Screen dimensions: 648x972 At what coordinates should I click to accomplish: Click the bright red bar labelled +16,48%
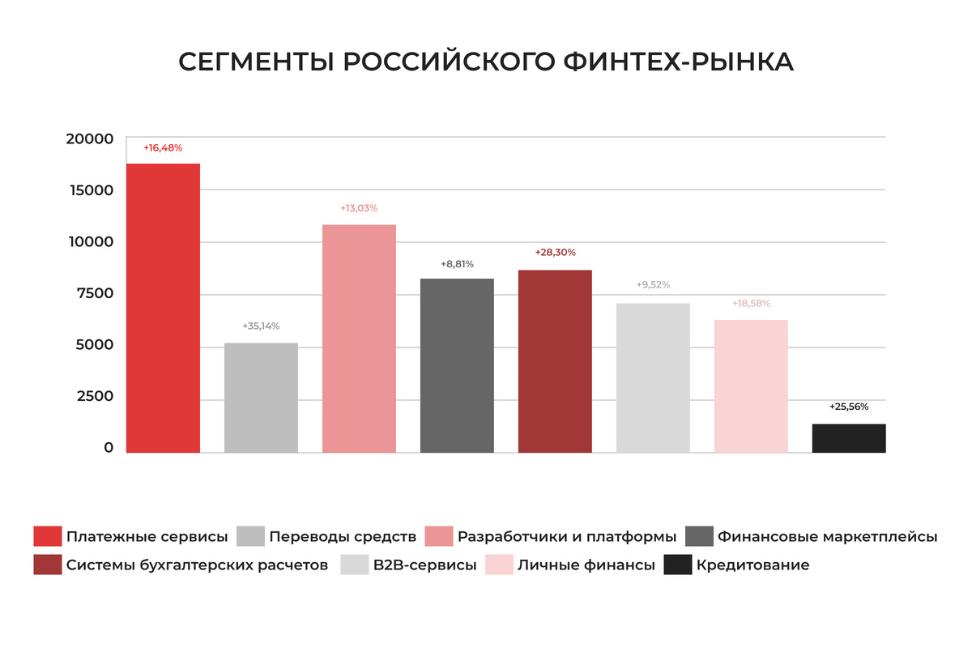(163, 308)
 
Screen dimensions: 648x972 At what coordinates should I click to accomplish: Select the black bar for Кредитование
(848, 438)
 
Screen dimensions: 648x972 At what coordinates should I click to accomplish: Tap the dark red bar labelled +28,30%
(555, 361)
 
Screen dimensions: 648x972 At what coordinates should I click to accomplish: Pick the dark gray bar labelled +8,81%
(457, 365)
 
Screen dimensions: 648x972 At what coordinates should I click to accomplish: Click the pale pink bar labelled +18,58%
(751, 386)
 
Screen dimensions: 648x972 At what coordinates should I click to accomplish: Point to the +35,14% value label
(261, 326)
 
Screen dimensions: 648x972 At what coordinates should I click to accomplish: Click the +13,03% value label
(359, 208)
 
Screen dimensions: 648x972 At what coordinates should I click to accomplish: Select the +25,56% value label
(849, 407)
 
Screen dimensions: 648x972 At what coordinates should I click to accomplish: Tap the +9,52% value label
(653, 285)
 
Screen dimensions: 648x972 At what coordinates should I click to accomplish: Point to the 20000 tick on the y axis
(90, 139)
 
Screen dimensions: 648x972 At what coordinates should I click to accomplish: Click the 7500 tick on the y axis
(94, 293)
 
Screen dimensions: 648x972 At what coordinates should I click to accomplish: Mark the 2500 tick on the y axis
(94, 397)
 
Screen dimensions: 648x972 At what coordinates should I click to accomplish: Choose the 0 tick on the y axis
(109, 448)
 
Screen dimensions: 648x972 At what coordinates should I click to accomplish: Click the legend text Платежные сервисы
(147, 537)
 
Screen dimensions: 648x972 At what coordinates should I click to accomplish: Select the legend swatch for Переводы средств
(251, 536)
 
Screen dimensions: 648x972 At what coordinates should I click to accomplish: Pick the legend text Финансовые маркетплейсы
(827, 537)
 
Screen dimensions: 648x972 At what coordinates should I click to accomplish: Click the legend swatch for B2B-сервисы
(355, 565)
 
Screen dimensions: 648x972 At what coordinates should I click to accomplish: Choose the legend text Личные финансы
(586, 565)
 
